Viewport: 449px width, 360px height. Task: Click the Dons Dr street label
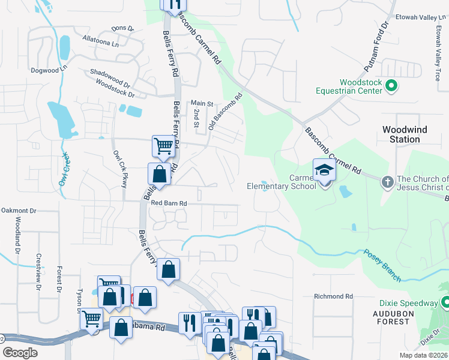pyautogui.click(x=122, y=28)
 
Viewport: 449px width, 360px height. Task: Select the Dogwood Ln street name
pyautogui.click(x=49, y=70)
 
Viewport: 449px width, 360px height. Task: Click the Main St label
pyautogui.click(x=202, y=103)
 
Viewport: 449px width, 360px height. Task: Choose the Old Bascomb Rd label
pyautogui.click(x=225, y=112)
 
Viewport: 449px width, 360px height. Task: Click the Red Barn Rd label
pyautogui.click(x=169, y=203)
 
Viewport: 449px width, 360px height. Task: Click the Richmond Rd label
pyautogui.click(x=334, y=296)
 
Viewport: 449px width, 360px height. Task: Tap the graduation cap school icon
pyautogui.click(x=324, y=170)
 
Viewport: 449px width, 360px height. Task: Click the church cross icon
pyautogui.click(x=388, y=180)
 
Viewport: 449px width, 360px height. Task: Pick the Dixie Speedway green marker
pyautogui.click(x=445, y=303)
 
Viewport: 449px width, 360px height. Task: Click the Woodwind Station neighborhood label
pyautogui.click(x=401, y=134)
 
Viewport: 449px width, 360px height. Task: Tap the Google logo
pyautogui.click(x=20, y=353)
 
